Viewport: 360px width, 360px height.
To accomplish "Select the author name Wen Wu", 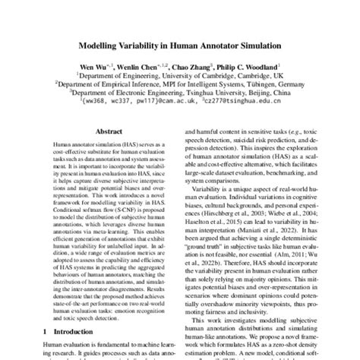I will (x=93, y=67).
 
